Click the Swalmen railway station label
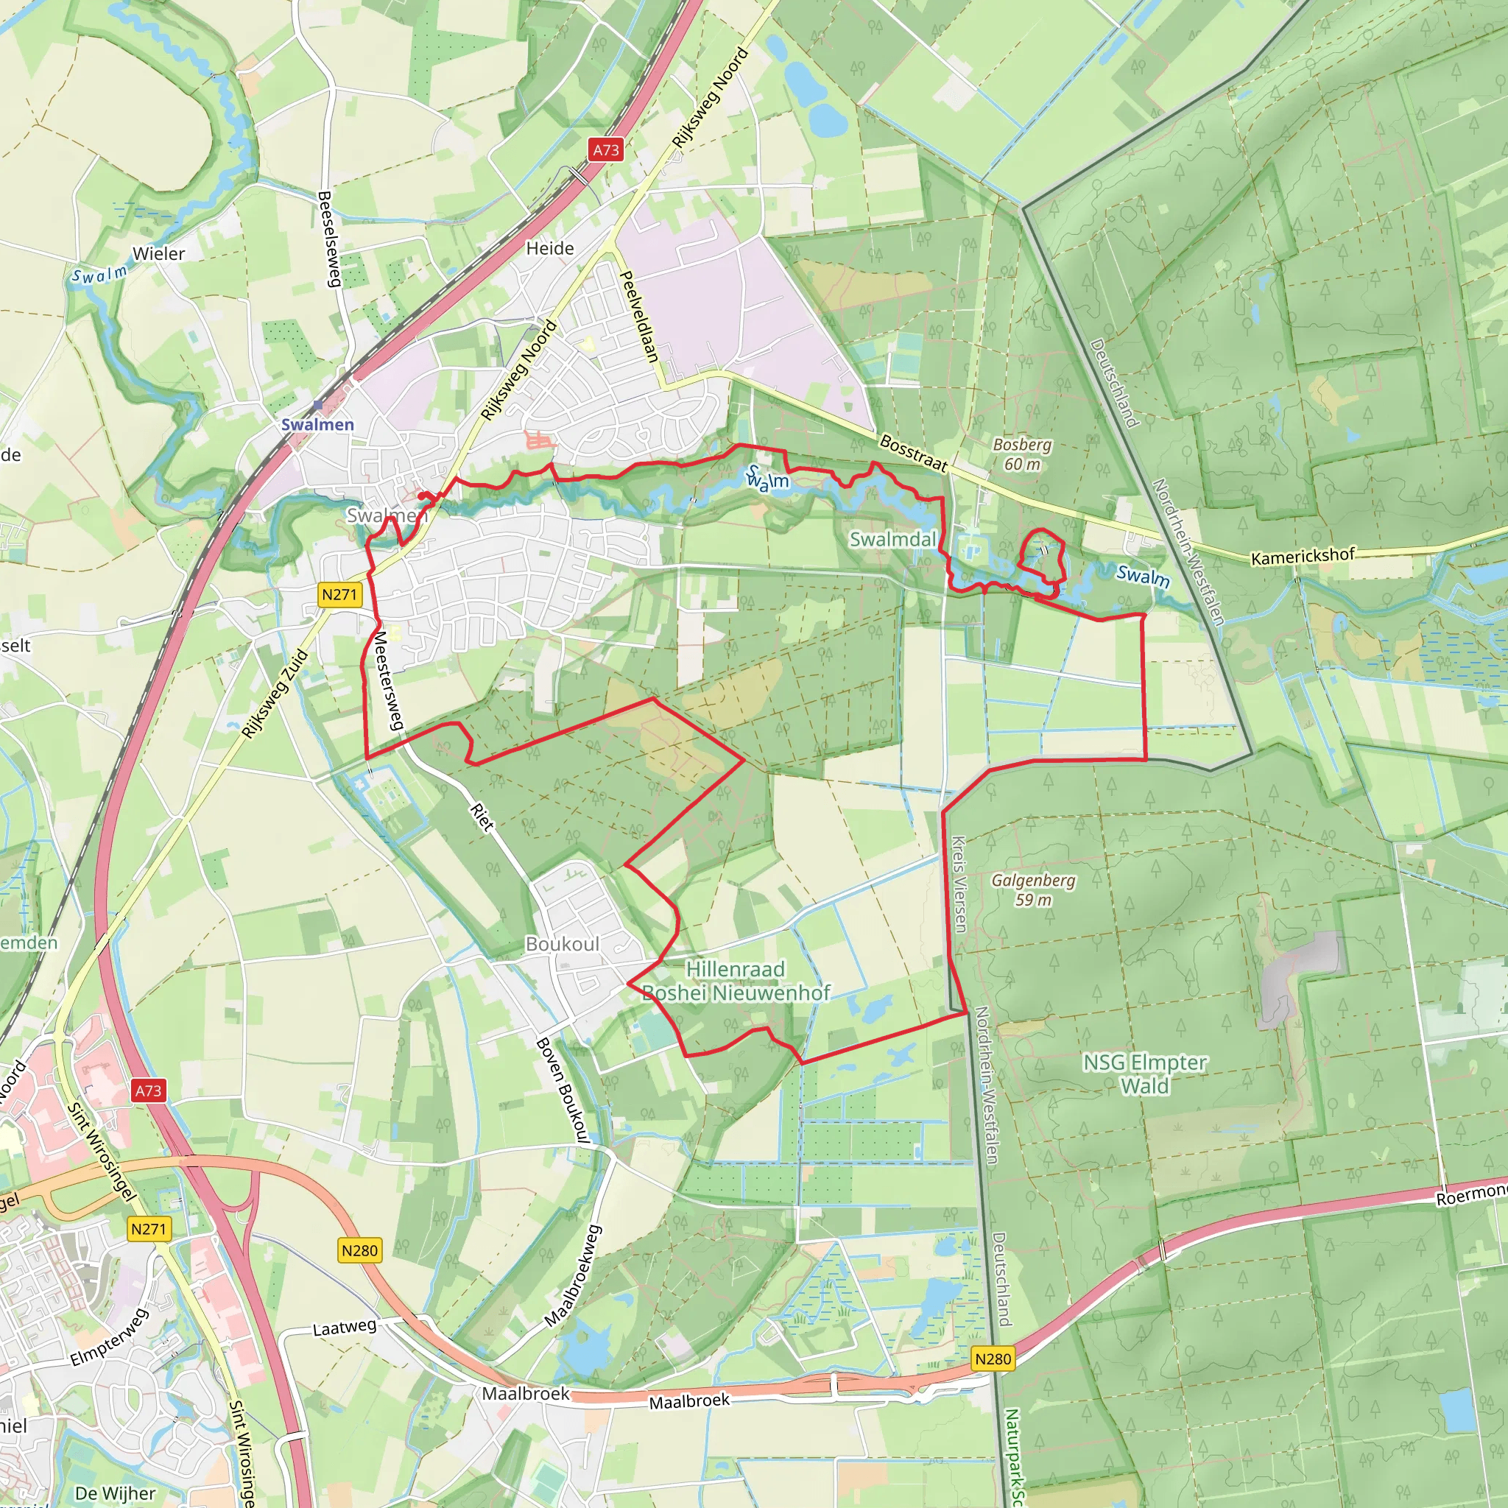click(317, 424)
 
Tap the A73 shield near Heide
click(606, 150)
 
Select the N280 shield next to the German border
click(993, 1359)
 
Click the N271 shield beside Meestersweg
click(339, 594)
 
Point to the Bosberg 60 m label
click(1022, 454)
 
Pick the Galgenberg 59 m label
click(1032, 889)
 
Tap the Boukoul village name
click(562, 944)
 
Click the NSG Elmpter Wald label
click(1144, 1074)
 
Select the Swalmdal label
click(892, 538)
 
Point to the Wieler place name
click(158, 254)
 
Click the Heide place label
click(549, 248)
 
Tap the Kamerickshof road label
click(1302, 556)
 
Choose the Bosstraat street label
click(913, 454)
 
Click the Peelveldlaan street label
click(638, 316)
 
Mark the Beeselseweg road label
click(329, 239)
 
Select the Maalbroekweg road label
click(574, 1275)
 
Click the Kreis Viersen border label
click(959, 884)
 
